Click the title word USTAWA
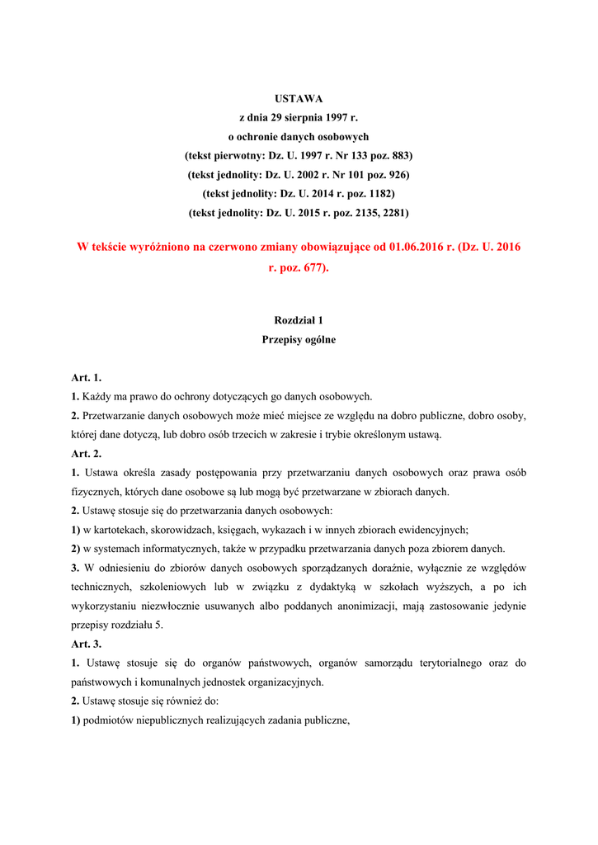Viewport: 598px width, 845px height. [x=299, y=99]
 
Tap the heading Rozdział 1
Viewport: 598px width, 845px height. [x=299, y=320]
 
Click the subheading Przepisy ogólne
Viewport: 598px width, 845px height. [x=299, y=339]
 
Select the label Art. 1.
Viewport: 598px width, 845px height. [x=86, y=378]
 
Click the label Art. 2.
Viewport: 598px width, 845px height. [x=86, y=454]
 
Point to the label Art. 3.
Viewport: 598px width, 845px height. [x=86, y=644]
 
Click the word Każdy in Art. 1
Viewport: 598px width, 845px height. [x=96, y=397]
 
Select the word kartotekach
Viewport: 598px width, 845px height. [x=120, y=531]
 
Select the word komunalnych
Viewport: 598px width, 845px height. [x=161, y=682]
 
